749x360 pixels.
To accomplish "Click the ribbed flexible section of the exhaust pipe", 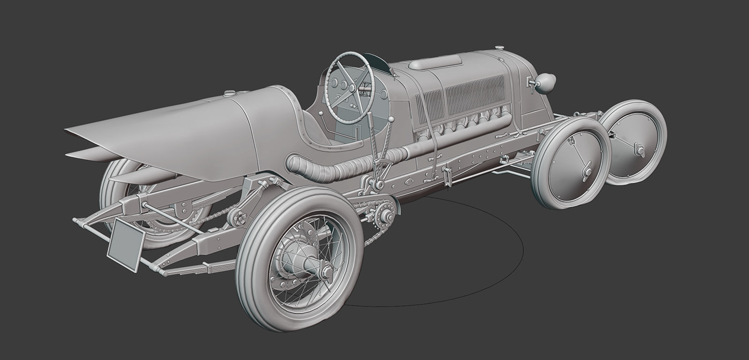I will pos(342,167).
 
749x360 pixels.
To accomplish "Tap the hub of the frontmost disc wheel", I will pos(639,150).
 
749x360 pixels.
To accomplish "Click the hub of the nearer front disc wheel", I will pos(586,172).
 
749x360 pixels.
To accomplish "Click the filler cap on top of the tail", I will pos(230,93).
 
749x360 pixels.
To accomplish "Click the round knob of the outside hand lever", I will pos(391,119).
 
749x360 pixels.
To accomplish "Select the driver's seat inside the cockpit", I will pos(321,128).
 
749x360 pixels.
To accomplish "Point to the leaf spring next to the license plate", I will pos(198,267).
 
